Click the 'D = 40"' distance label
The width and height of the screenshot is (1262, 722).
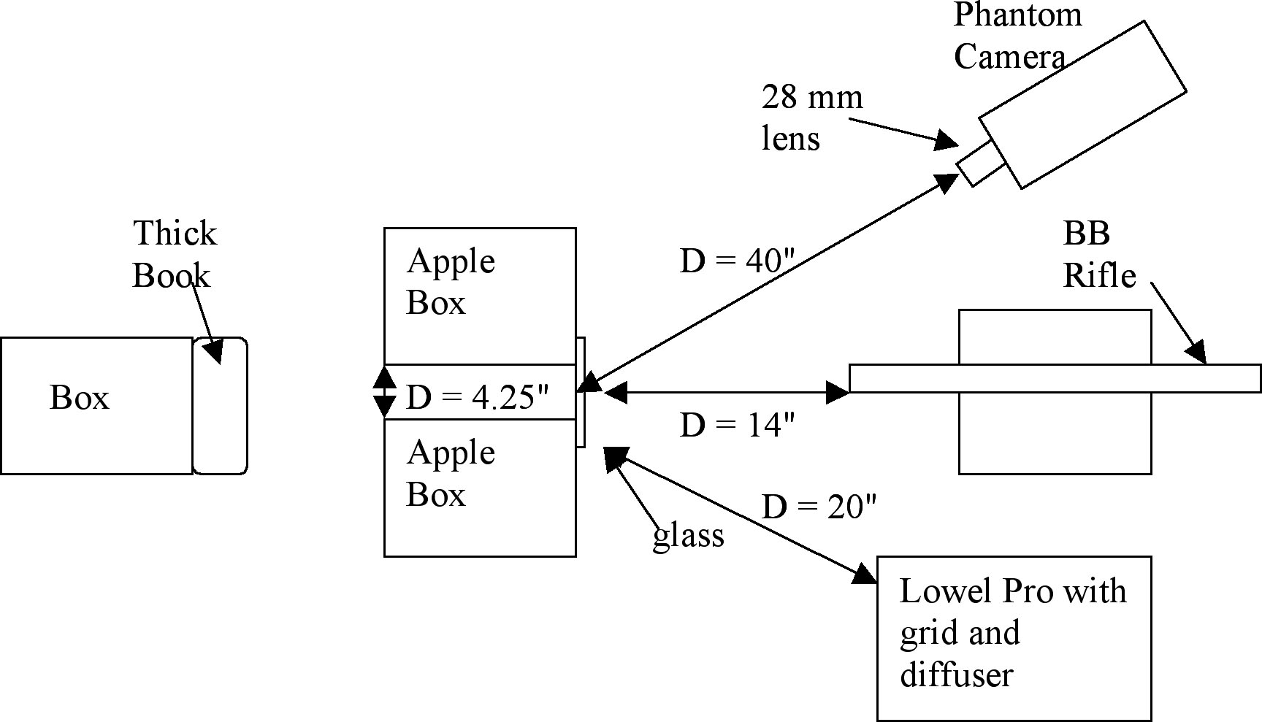click(x=736, y=261)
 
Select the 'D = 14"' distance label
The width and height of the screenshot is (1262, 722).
click(x=736, y=425)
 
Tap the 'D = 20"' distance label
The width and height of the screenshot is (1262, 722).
click(x=818, y=506)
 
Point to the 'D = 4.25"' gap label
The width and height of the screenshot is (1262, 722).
click(x=477, y=398)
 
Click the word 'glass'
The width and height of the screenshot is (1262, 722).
click(x=688, y=536)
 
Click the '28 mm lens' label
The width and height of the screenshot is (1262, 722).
click(x=811, y=117)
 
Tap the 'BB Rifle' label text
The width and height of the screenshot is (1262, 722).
click(x=1099, y=254)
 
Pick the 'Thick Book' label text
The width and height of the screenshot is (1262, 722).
click(x=174, y=254)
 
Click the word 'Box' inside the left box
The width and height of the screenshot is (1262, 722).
click(x=79, y=398)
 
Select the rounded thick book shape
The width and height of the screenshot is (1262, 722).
click(x=220, y=406)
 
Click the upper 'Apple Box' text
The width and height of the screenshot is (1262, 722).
click(x=451, y=282)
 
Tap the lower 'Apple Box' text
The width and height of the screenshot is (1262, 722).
click(x=451, y=473)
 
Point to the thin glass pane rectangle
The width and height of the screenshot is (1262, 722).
click(x=581, y=392)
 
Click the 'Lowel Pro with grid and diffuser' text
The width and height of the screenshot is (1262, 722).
click(x=1012, y=632)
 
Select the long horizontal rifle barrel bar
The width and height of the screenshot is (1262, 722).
click(x=1055, y=378)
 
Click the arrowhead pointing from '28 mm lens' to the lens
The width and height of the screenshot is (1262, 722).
click(x=947, y=140)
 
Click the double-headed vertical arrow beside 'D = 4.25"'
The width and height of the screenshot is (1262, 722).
click(x=385, y=392)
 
